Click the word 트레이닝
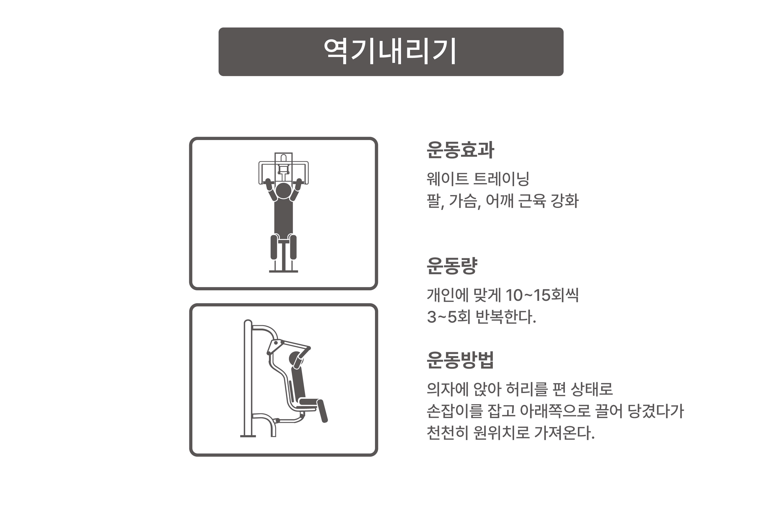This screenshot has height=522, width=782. (501, 179)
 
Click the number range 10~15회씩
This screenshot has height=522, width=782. (542, 295)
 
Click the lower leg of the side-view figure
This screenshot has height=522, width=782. (322, 411)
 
